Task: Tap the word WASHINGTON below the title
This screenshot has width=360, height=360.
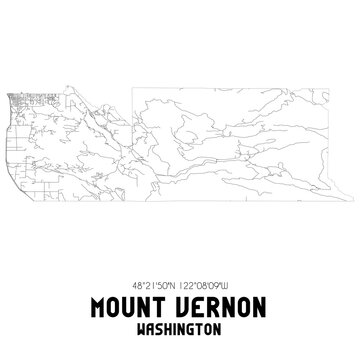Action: point(179,322)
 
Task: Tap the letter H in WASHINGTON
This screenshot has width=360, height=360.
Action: point(167,322)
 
